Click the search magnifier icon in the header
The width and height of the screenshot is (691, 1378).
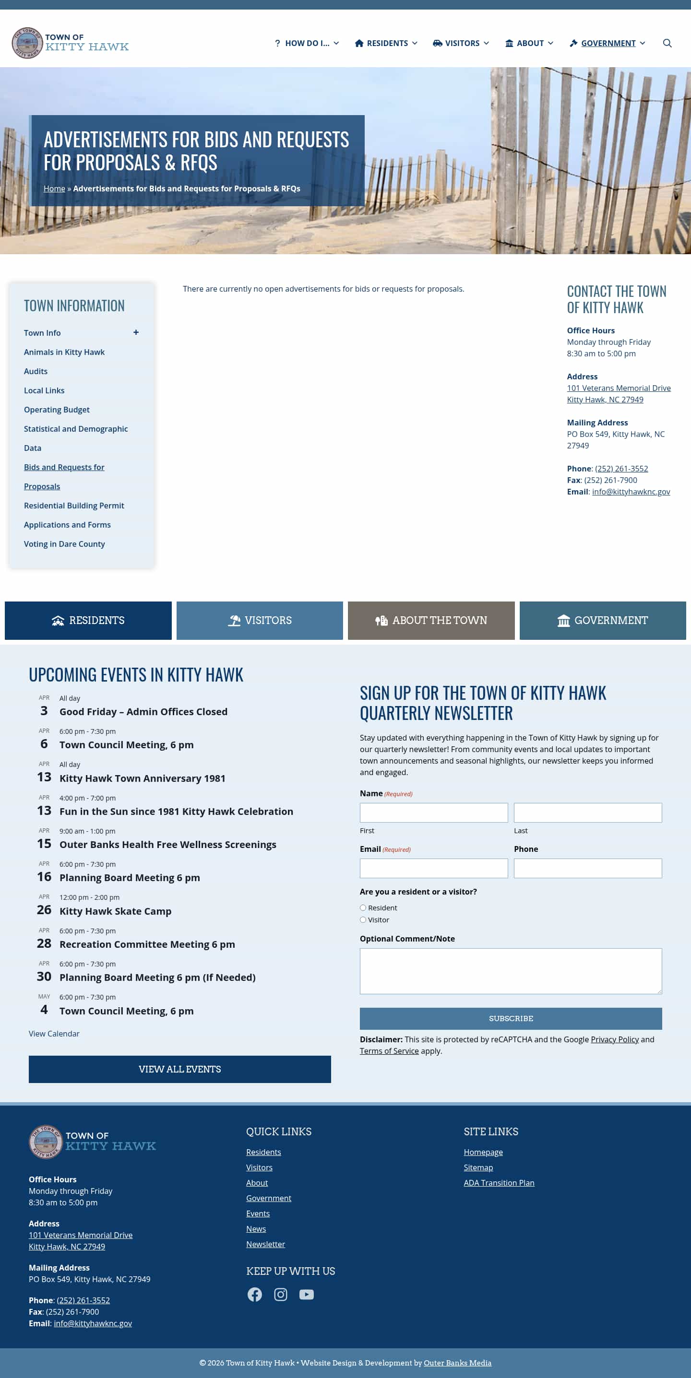(667, 43)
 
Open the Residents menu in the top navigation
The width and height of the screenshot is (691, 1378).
(386, 43)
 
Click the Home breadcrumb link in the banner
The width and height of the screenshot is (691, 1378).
(54, 189)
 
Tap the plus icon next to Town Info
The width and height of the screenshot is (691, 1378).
(136, 333)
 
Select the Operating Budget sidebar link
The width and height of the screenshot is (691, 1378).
(57, 410)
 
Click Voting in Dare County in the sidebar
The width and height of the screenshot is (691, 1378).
(64, 544)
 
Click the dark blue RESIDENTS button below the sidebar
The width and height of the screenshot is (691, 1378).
(88, 621)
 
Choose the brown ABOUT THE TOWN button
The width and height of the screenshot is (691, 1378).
(431, 621)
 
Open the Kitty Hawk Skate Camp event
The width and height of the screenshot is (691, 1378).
(115, 911)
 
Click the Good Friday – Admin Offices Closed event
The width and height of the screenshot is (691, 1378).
(143, 711)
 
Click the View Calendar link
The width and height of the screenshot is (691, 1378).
(54, 1034)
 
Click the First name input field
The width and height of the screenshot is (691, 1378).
(433, 813)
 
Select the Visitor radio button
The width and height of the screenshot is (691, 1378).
(363, 920)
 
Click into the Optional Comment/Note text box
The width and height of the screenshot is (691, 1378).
(511, 971)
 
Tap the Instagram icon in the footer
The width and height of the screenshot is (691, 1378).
(280, 1294)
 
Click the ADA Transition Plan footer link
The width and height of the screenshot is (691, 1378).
(499, 1183)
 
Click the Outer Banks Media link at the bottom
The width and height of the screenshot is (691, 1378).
(457, 1363)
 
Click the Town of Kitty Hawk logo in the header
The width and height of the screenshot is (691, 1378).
(70, 43)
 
